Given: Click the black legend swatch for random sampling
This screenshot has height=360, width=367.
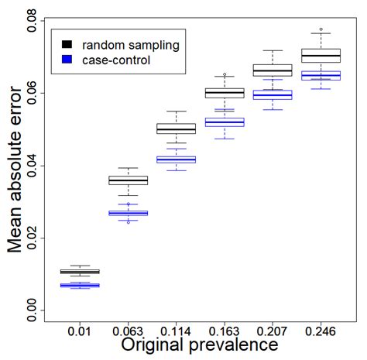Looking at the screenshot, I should (x=68, y=45).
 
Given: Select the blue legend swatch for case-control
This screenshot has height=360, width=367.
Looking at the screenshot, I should (x=68, y=60).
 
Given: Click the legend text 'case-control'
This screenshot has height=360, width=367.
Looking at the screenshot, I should (x=117, y=60).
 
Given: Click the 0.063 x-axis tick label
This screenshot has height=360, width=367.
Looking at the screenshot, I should (x=128, y=331).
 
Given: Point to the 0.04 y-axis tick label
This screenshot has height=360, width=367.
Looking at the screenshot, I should (x=33, y=166).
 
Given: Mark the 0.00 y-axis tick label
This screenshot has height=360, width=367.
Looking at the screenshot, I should (x=33, y=310).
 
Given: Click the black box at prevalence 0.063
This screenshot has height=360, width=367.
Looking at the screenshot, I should (x=128, y=180).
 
